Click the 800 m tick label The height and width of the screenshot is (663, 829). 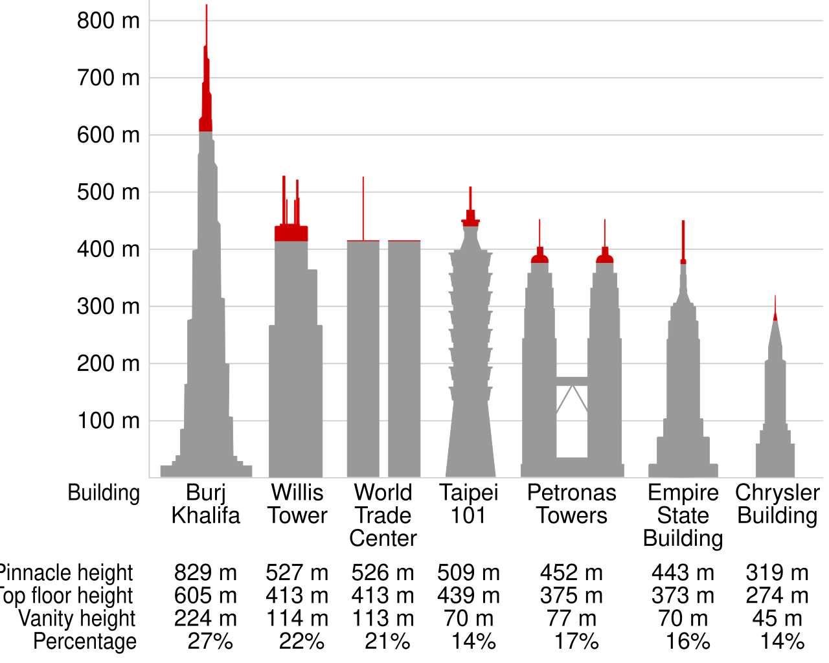coord(108,21)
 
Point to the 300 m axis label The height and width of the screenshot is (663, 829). coord(108,306)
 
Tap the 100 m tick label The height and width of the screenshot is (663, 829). coord(108,421)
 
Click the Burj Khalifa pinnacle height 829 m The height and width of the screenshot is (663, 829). coord(205,573)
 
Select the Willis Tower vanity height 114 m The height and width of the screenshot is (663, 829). coord(297,618)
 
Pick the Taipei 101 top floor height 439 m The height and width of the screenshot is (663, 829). coord(468,596)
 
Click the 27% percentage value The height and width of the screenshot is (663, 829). coord(210,642)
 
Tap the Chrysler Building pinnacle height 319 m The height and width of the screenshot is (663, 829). coord(777,573)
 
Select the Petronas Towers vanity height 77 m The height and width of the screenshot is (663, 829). coord(571,618)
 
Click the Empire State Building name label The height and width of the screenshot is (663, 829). coord(683,515)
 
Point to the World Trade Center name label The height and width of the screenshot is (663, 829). coord(383,515)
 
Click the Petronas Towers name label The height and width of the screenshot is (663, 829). coord(571,504)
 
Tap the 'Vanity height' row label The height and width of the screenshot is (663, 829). coord(77,618)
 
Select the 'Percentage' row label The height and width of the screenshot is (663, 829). coord(85,642)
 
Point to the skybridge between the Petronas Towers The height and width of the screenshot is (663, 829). coord(572,381)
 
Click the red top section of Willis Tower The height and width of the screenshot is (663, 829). coord(291,232)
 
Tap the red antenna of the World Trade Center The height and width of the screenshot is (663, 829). coord(363,207)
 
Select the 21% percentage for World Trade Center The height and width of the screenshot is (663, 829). coord(387,642)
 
